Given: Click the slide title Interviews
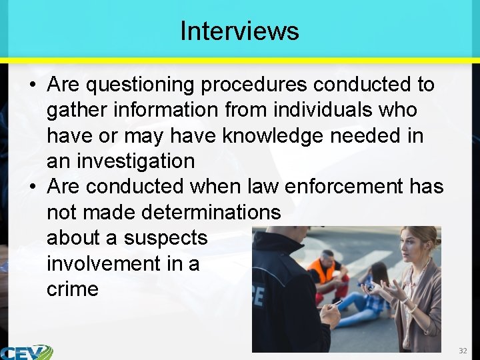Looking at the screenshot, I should (239, 31).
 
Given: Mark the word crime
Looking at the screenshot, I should (73, 289).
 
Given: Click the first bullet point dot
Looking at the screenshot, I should (32, 85).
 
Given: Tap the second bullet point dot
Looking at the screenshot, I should (32, 187).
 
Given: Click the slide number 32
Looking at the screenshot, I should (463, 351).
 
